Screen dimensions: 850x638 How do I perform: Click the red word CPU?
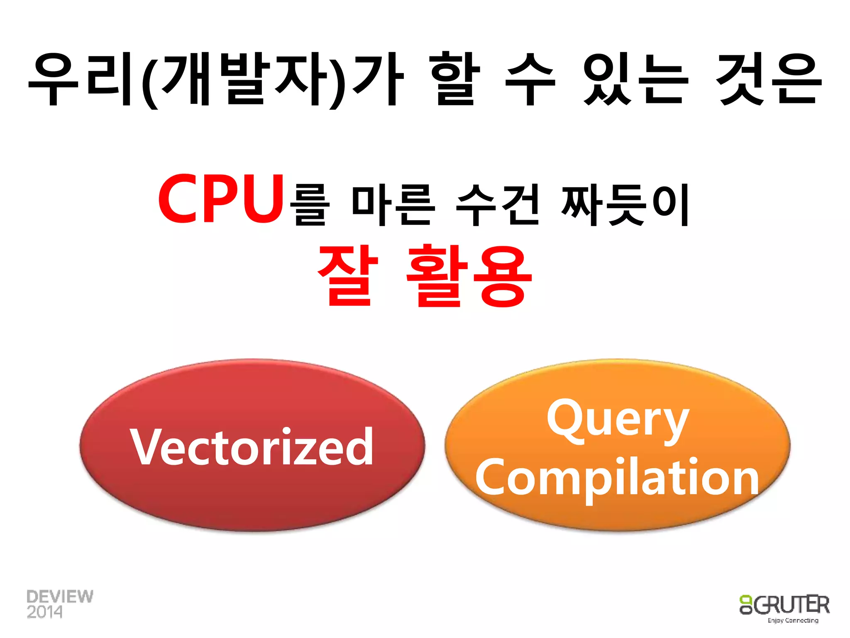click(221, 199)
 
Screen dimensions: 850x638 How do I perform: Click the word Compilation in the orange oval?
click(617, 478)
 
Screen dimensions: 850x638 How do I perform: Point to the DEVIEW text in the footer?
click(60, 596)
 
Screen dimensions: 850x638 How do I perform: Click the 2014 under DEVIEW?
click(44, 612)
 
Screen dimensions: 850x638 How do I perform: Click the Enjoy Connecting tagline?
click(793, 620)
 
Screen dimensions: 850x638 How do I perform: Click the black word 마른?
click(393, 205)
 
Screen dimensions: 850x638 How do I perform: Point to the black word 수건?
click(498, 205)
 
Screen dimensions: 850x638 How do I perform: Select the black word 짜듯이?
click(625, 205)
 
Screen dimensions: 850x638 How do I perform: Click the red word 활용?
click(469, 276)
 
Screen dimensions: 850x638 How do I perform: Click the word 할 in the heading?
click(455, 79)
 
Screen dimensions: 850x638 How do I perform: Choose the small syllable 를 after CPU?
click(309, 206)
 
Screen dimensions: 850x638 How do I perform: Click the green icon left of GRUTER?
click(746, 604)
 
